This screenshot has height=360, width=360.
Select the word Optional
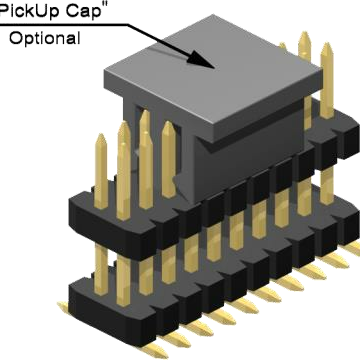click(46, 39)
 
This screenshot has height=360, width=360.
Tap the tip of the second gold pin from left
click(123, 126)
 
